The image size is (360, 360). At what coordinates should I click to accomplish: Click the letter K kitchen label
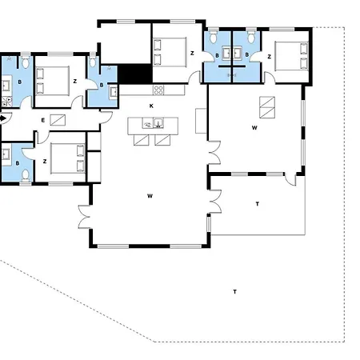tap(151, 106)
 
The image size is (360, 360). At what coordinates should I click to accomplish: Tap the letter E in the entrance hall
tap(43, 121)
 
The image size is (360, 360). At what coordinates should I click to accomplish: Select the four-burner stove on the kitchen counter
tap(158, 90)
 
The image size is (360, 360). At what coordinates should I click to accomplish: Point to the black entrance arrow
tap(2, 118)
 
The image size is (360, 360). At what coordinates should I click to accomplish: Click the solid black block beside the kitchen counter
tap(135, 74)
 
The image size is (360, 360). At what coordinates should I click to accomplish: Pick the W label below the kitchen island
tap(150, 196)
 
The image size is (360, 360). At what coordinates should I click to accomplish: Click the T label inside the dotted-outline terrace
tap(234, 292)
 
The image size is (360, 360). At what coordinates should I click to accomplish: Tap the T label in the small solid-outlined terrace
tap(258, 204)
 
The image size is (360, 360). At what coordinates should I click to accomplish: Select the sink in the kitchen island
tap(158, 123)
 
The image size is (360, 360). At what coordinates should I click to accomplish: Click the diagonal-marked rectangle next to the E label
tap(58, 120)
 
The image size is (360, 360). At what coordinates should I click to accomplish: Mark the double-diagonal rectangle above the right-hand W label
tap(267, 107)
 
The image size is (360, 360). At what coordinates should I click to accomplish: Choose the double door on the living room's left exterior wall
tap(84, 217)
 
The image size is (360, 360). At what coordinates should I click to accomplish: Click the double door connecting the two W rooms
tap(214, 152)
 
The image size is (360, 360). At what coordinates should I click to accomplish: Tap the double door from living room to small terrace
tap(215, 202)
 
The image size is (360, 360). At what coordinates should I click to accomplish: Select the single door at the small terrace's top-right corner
tap(290, 179)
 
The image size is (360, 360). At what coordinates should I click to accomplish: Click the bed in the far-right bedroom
tap(291, 56)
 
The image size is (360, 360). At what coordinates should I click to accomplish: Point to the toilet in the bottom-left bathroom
tap(26, 176)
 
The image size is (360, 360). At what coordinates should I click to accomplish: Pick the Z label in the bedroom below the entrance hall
tap(45, 162)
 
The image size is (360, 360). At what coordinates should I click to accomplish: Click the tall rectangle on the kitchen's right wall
tap(201, 121)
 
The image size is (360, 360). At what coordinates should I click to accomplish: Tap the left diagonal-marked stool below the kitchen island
tap(141, 140)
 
